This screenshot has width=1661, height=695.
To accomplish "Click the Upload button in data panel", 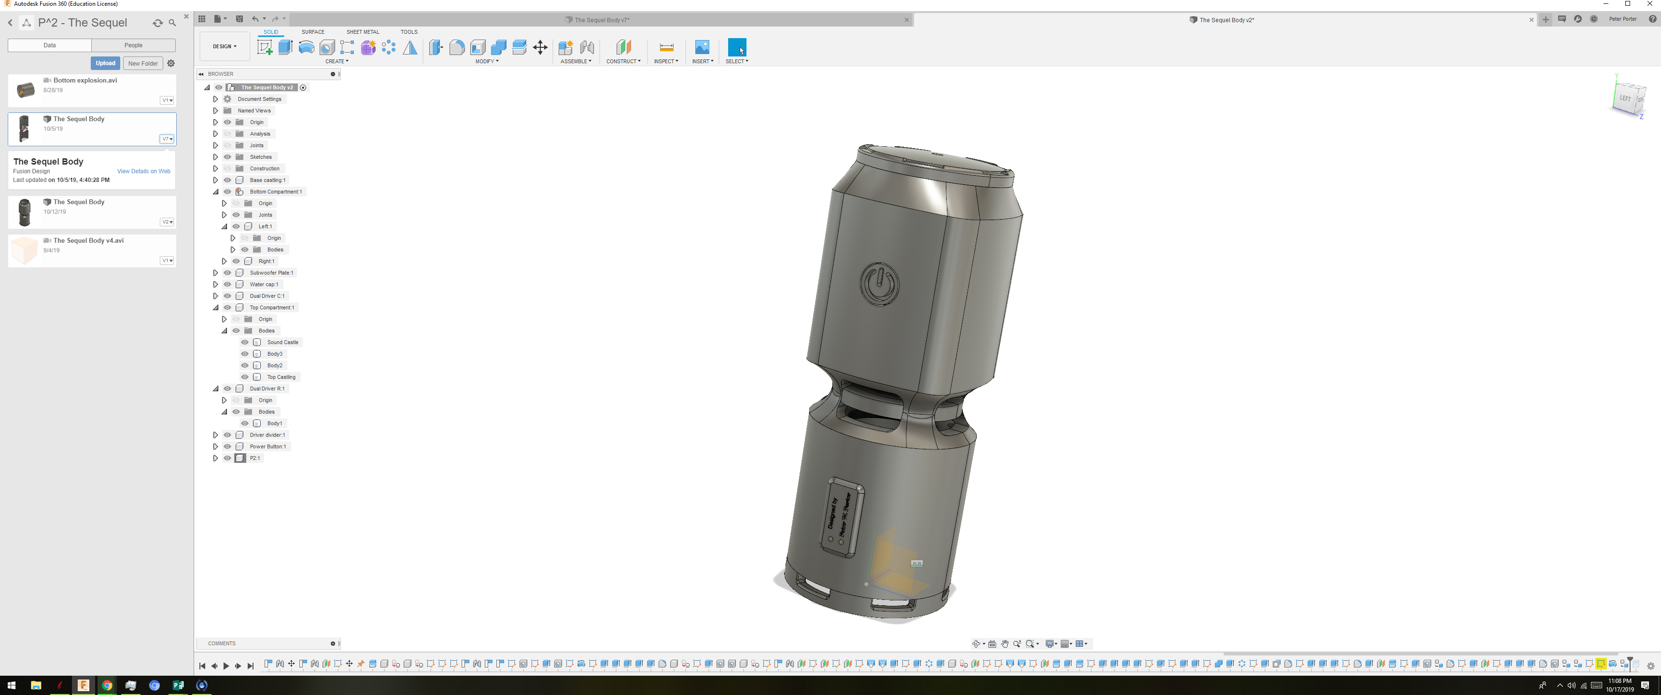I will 105,63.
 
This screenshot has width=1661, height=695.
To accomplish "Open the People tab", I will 133,45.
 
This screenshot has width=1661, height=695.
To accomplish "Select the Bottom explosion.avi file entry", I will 85,81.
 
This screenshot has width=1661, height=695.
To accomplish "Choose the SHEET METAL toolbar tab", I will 362,31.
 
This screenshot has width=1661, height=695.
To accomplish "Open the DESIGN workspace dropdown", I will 225,46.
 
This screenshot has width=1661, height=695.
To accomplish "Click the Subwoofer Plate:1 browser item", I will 271,273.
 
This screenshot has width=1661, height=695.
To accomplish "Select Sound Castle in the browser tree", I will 282,342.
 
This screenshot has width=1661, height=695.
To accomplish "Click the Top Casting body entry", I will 281,377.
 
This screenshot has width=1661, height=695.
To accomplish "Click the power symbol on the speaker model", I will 879,283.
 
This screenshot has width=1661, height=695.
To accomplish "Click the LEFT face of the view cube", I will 1625,98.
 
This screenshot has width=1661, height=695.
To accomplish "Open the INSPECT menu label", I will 665,61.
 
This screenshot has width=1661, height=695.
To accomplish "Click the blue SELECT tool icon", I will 736,47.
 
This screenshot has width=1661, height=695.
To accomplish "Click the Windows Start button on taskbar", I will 11,685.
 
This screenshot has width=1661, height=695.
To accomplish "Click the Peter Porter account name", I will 1622,19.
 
